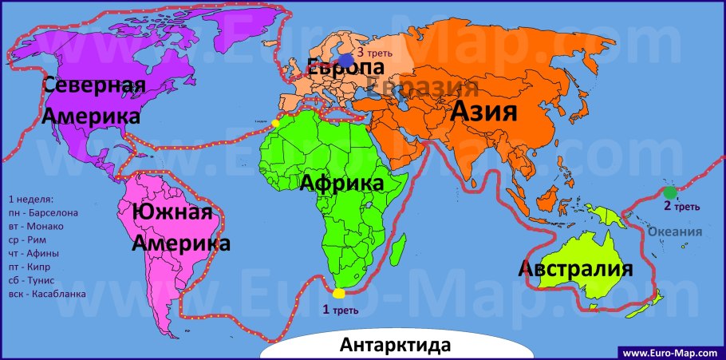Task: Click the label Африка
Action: click(x=341, y=183)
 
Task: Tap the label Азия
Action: click(x=484, y=112)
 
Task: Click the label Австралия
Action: click(x=575, y=268)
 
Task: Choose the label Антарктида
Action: click(x=395, y=346)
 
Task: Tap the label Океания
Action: click(x=675, y=231)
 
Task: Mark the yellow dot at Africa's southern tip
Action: click(x=339, y=294)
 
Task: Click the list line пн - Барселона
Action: click(x=42, y=212)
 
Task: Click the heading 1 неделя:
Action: click(x=30, y=199)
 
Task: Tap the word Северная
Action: click(x=94, y=85)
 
